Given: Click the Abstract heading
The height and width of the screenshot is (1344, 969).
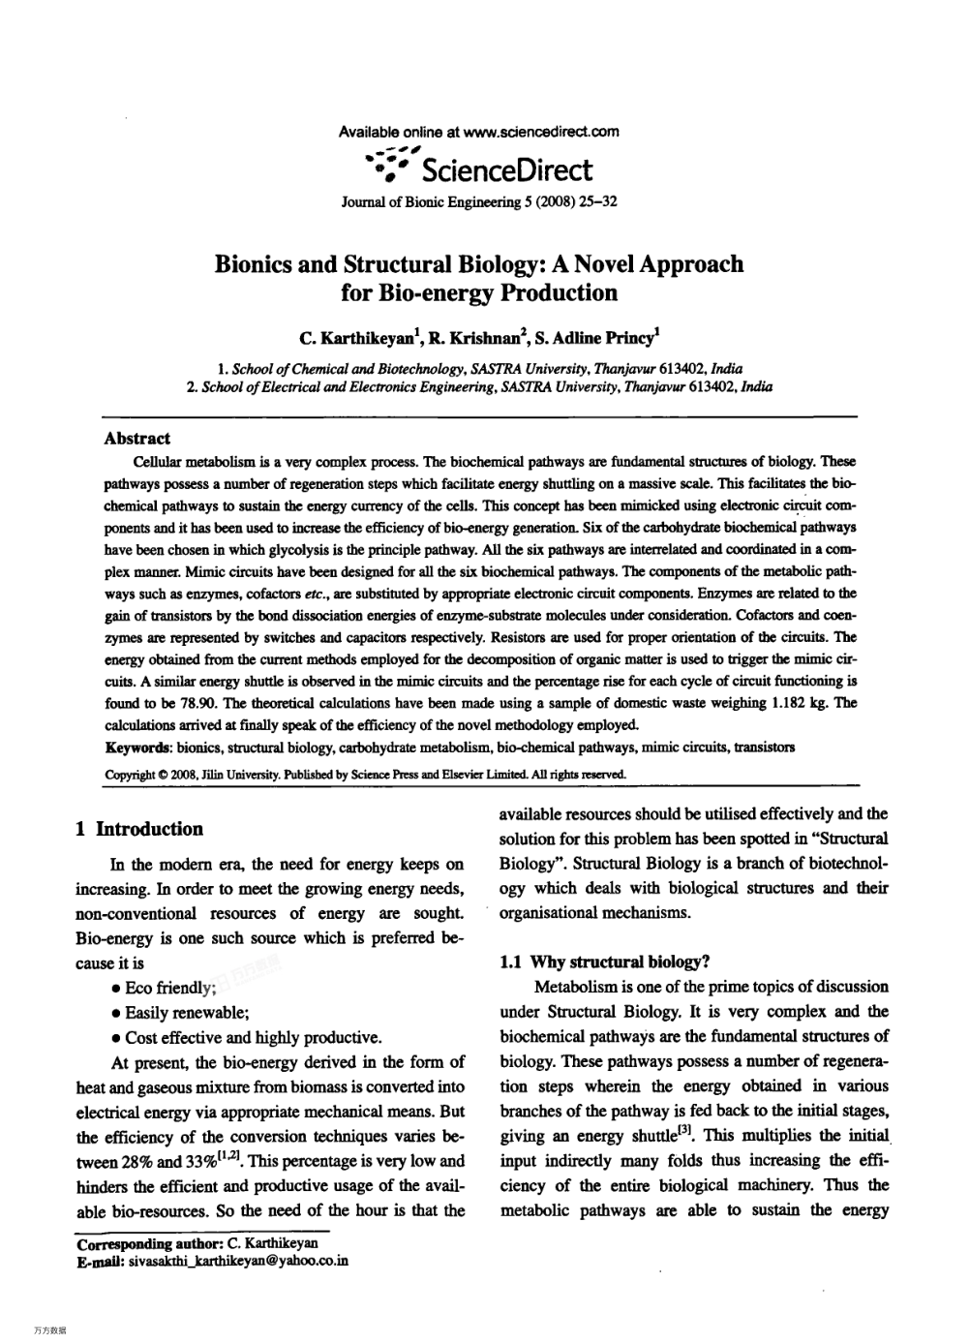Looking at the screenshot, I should pyautogui.click(x=136, y=438).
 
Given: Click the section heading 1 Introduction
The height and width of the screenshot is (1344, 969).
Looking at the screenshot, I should pyautogui.click(x=139, y=829).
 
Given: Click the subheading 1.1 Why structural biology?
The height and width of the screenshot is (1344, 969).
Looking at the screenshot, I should pyautogui.click(x=605, y=962).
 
